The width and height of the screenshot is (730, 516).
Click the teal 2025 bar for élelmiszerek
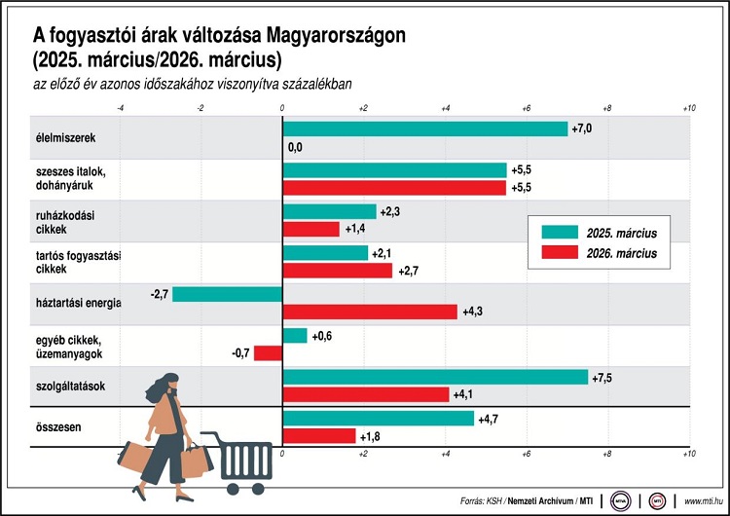click(424, 129)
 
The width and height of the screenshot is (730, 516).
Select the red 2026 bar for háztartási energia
click(369, 312)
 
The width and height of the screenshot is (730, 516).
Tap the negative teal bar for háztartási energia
click(227, 294)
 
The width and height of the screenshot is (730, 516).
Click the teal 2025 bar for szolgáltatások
click(434, 377)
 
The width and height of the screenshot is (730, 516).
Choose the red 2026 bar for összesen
click(318, 436)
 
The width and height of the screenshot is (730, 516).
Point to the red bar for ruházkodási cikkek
click(310, 229)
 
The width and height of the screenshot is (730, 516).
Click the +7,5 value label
click(604, 378)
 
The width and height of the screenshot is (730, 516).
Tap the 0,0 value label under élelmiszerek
click(296, 147)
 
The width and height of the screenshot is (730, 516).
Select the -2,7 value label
click(161, 294)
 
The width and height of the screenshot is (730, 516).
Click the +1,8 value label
click(372, 436)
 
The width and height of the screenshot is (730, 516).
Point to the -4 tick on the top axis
click(120, 108)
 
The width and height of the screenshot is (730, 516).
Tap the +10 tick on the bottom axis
click(688, 454)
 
